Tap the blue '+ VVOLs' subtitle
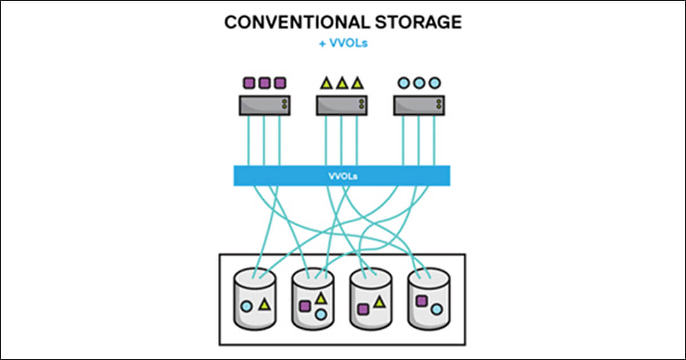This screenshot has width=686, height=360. (343, 43)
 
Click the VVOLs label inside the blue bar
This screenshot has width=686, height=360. (342, 175)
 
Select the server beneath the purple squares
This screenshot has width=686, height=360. (264, 105)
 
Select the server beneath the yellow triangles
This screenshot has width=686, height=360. (342, 105)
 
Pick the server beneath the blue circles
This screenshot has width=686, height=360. (419, 105)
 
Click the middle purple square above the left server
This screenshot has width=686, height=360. (264, 83)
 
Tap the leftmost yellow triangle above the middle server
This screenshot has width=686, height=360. (326, 83)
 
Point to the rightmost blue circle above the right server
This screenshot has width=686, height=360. (434, 83)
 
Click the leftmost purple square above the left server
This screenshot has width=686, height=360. (249, 83)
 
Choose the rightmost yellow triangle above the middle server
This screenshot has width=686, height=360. (357, 83)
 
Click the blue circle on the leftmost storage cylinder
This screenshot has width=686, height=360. (246, 306)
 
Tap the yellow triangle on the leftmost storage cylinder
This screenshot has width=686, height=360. (264, 304)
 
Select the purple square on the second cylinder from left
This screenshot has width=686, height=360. (305, 306)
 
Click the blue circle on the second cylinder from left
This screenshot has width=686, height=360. (321, 314)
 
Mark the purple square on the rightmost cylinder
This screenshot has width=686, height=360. (422, 301)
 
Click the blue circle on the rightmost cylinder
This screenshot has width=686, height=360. (437, 309)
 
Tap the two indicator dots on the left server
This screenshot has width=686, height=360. (284, 105)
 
